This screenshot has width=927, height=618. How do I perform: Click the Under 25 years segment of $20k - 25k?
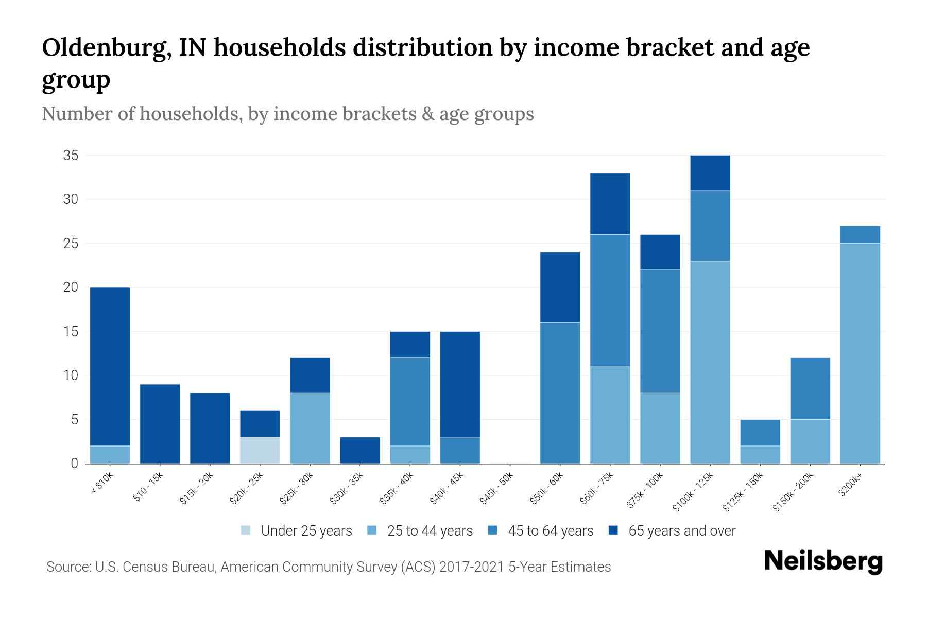point(260,450)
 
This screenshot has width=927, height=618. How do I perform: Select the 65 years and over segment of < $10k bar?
point(110,366)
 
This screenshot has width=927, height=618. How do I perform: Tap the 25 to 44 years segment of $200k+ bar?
point(860,353)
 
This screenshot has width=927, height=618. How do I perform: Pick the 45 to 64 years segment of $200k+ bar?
point(860,235)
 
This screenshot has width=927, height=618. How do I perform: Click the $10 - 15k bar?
point(160,424)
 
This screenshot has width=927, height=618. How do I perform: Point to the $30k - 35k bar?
point(360,450)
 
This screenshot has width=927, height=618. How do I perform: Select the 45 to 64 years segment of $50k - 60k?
point(560,393)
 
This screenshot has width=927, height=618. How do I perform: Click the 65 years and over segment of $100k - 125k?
point(710,173)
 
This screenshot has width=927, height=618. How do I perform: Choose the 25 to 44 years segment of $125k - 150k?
point(760,455)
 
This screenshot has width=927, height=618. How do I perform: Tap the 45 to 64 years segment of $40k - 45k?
point(460,450)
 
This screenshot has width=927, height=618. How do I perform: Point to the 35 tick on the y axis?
point(71,156)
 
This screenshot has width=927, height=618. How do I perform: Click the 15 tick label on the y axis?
point(71,332)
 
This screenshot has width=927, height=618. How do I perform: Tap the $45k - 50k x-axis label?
point(497,489)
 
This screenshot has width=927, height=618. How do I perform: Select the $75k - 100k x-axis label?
point(646,491)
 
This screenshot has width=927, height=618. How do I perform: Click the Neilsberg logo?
point(823,562)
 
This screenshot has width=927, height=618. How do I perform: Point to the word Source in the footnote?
point(67,567)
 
